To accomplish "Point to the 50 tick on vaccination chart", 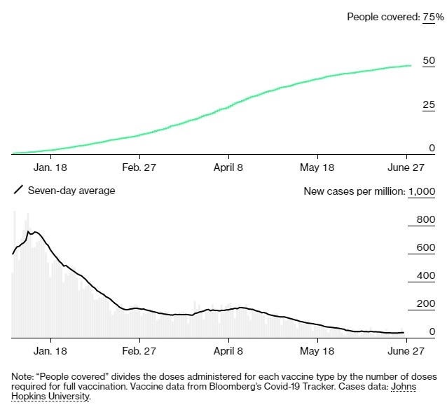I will pos(428,62).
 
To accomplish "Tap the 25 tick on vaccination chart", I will pos(428,105).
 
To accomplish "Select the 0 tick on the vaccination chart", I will pos(432,149).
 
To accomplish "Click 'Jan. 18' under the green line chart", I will pos(50,168).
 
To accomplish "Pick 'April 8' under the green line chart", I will pos(228,168).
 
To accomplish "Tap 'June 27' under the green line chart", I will pos(406,168).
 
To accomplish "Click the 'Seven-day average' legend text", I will pos(71,191).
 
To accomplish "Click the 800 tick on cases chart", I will pos(425,220).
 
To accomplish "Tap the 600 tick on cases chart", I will pos(425,248).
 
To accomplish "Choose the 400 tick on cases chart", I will pos(425,276).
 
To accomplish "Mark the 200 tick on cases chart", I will pos(425,304).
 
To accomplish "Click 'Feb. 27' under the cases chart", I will pos(139,350).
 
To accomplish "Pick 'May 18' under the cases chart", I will pos(317,350).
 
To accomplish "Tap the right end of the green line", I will pos(410,66).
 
